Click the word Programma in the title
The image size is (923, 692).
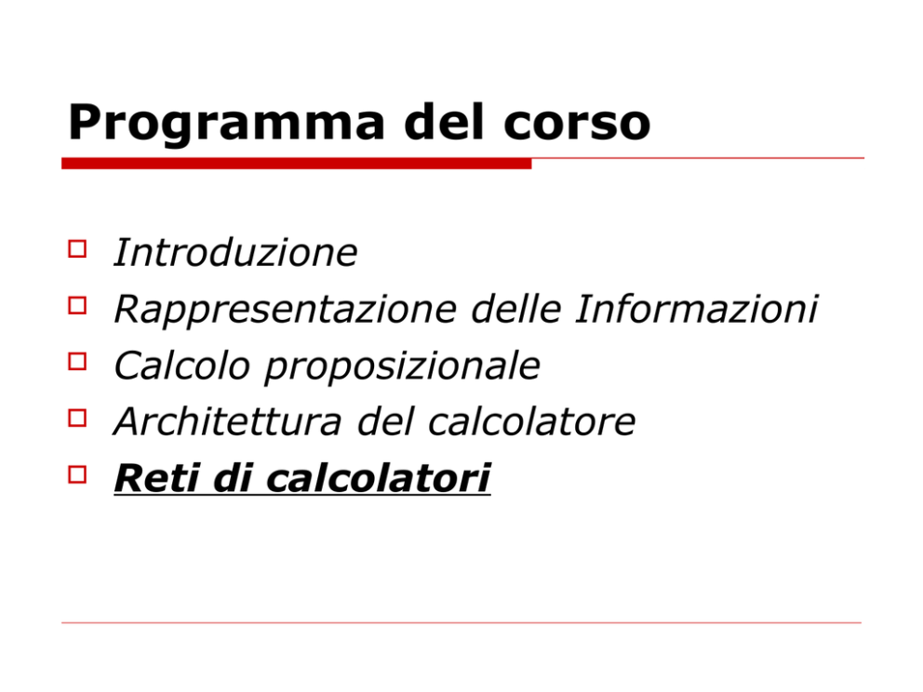pos(227,124)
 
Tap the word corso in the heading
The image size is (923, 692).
pos(577,123)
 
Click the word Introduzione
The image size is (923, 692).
pos(235,252)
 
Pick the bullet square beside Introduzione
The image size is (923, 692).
pos(77,249)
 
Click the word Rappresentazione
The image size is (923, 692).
pos(286,310)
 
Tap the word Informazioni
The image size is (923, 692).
pos(697,309)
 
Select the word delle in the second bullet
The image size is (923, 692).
pos(516,309)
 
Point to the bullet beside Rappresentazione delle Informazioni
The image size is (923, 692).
pos(77,305)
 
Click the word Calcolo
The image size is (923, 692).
pos(181,365)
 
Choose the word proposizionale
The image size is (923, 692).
pos(402,366)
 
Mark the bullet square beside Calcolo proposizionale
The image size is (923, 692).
pos(77,361)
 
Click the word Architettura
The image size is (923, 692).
pos(228,421)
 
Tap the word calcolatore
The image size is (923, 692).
pos(531,421)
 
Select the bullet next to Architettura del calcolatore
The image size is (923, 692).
pos(77,418)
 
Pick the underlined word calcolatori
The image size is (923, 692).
pos(379,477)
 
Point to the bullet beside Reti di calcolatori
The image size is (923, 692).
pos(77,474)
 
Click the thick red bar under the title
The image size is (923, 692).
pos(297,164)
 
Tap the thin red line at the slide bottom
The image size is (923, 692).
pos(461,622)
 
